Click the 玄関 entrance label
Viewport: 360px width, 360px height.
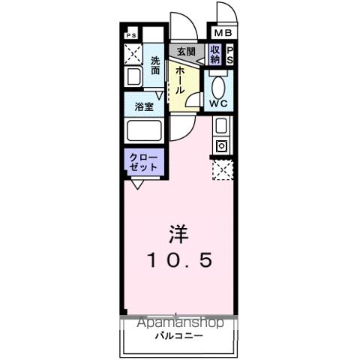tap(185, 52)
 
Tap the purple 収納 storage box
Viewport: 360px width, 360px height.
tap(215, 54)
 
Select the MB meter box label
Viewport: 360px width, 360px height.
tap(223, 34)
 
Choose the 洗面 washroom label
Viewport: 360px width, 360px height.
tap(155, 65)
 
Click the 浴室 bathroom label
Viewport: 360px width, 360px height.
tap(144, 106)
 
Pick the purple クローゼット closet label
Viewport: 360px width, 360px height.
tap(142, 163)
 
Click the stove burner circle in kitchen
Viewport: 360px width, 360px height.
tap(221, 145)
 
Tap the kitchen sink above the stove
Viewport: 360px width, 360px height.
tap(221, 126)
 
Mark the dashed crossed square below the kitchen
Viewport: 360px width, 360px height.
tap(222, 170)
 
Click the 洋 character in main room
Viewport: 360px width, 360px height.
tap(178, 234)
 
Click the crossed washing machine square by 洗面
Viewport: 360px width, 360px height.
tap(133, 54)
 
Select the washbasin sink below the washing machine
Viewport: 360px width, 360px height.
tap(133, 76)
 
